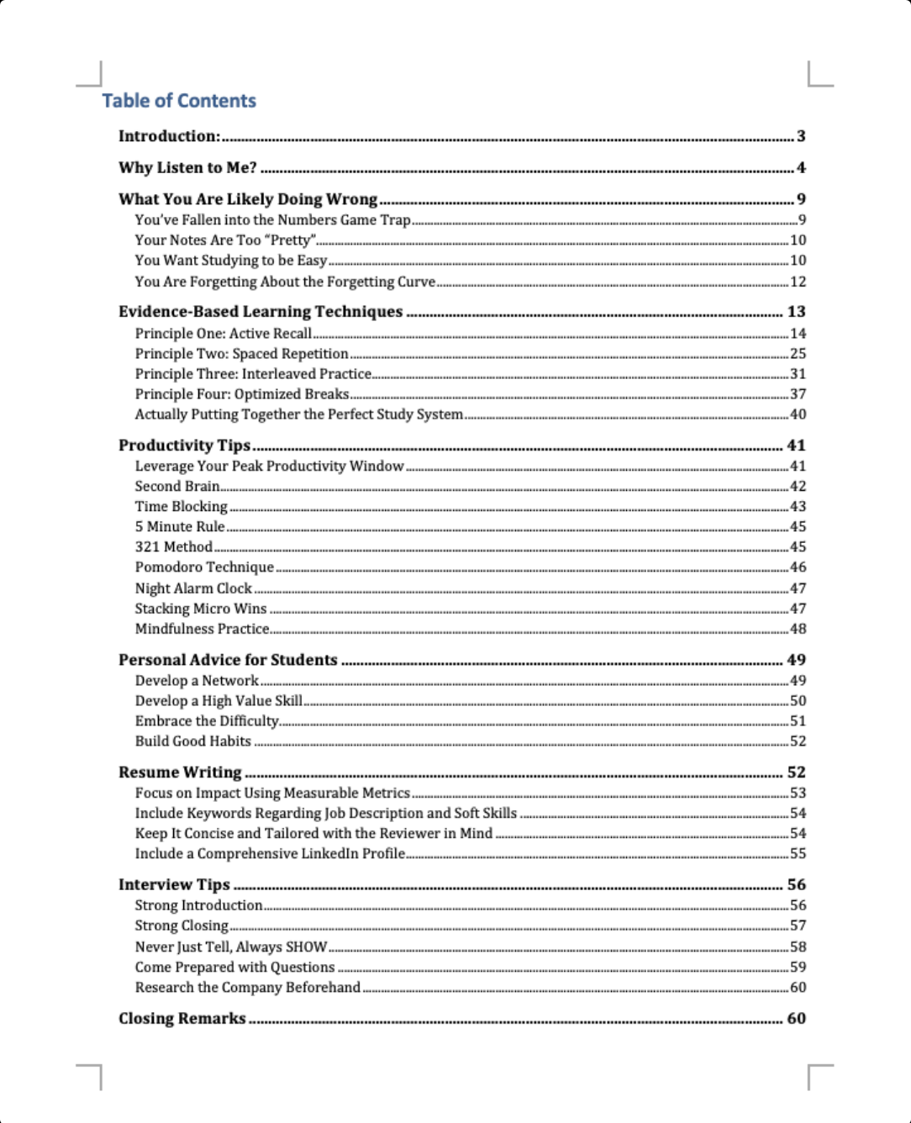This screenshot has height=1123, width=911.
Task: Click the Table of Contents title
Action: pyautogui.click(x=179, y=101)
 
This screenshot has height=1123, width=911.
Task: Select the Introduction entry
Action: pyautogui.click(x=169, y=136)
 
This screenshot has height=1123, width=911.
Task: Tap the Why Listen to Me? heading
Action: pyautogui.click(x=187, y=167)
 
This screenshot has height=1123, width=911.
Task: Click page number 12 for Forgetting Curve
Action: pyautogui.click(x=798, y=282)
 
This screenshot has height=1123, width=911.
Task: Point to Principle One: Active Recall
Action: pyautogui.click(x=223, y=334)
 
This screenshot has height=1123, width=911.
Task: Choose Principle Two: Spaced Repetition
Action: pyautogui.click(x=241, y=354)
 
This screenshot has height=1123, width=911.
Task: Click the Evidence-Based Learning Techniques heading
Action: pyautogui.click(x=261, y=312)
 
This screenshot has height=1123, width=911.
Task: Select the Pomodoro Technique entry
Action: pyautogui.click(x=204, y=567)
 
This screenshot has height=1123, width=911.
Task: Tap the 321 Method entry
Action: pyautogui.click(x=173, y=547)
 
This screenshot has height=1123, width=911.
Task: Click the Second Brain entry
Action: pyautogui.click(x=176, y=487)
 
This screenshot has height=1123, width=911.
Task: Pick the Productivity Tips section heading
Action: pyautogui.click(x=184, y=446)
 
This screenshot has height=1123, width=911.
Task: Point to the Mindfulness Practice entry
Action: pyautogui.click(x=202, y=629)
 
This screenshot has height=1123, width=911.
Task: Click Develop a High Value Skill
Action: pyautogui.click(x=219, y=701)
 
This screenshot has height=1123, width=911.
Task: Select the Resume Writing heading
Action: pyautogui.click(x=180, y=772)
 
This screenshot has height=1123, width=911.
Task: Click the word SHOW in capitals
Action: pyautogui.click(x=306, y=946)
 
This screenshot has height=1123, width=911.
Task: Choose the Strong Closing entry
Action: pyautogui.click(x=182, y=925)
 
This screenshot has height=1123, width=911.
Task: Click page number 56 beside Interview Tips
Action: pyautogui.click(x=796, y=885)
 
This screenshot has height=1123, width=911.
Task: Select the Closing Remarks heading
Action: pyautogui.click(x=182, y=1019)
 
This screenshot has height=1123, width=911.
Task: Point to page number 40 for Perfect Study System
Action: pyautogui.click(x=798, y=414)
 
